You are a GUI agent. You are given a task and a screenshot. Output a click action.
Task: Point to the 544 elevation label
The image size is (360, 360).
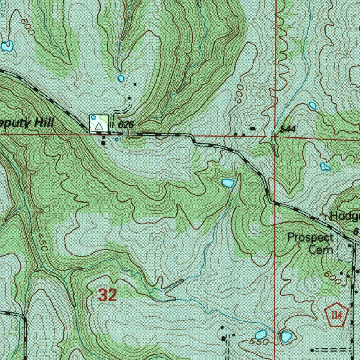click(288, 129)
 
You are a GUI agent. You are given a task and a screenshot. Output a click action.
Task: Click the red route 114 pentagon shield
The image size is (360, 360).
click(336, 313)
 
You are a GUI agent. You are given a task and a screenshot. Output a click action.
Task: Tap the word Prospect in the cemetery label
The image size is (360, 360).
click(310, 238)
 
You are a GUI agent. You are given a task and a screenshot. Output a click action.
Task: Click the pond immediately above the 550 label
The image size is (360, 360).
click(261, 334)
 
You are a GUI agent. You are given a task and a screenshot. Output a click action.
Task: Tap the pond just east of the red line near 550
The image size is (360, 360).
click(287, 337)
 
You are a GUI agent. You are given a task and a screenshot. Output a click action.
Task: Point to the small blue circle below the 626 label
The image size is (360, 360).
click(117, 139)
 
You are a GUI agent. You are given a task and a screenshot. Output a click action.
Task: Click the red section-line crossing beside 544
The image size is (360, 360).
click(275, 136)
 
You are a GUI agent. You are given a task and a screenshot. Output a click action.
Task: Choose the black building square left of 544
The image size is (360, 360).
click(252, 129)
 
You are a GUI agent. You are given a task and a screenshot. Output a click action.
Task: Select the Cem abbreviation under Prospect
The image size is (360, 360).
click(321, 250)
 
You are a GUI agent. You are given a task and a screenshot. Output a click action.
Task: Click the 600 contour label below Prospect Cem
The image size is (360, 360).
click(333, 278)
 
